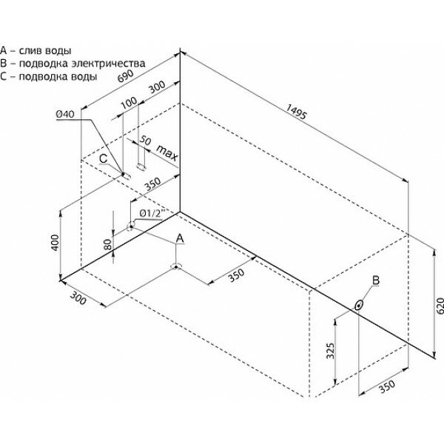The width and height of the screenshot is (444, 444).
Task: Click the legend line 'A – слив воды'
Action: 36,51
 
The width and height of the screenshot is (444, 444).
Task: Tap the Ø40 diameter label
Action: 64,114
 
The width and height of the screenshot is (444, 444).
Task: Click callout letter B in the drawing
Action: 375,280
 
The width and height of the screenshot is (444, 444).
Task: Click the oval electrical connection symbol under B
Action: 359,303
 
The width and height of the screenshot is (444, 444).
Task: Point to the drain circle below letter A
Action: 175,266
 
